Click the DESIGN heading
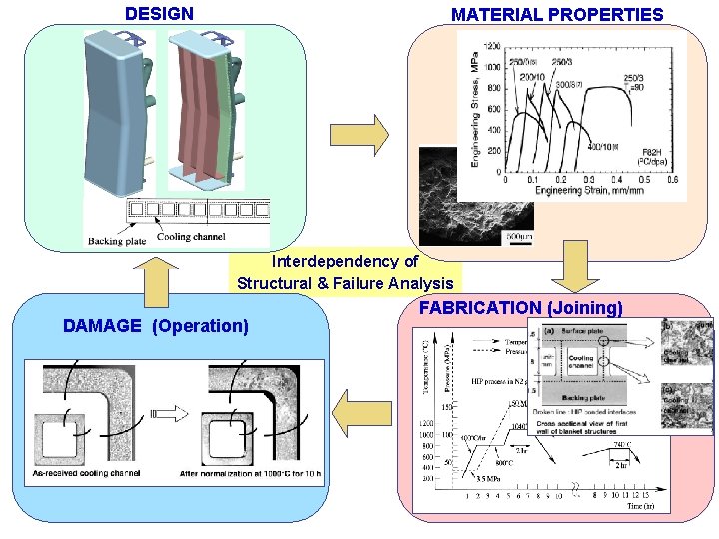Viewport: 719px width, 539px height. click(x=159, y=14)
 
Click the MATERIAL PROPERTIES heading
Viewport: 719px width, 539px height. click(x=557, y=15)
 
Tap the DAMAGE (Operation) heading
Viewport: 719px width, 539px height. click(x=155, y=325)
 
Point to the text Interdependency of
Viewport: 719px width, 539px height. click(x=345, y=262)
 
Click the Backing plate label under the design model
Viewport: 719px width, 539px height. click(x=119, y=240)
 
